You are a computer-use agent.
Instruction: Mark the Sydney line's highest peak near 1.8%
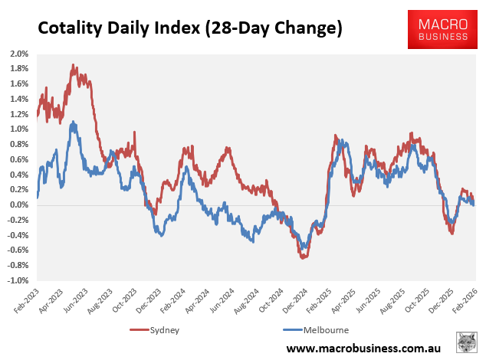tap(73, 66)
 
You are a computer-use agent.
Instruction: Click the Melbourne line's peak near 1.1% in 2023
tap(73, 122)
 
